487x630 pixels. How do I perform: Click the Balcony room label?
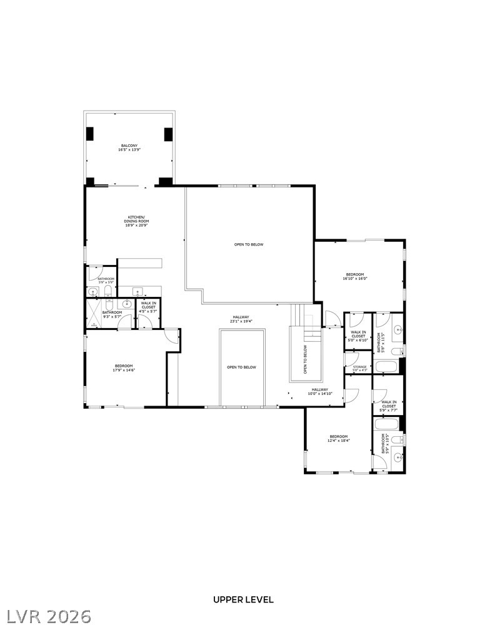click(x=129, y=147)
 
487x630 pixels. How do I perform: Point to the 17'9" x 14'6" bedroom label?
click(x=124, y=367)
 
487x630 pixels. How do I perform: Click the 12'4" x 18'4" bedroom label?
click(x=338, y=438)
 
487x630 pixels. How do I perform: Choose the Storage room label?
click(x=359, y=368)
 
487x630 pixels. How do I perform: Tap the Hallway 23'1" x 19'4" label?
click(x=241, y=319)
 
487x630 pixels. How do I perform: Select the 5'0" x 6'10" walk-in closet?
click(x=358, y=336)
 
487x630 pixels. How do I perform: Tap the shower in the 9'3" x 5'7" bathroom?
click(x=93, y=314)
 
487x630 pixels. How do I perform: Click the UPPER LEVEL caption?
click(x=243, y=599)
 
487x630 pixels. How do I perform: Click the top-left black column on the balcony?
click(x=89, y=133)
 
